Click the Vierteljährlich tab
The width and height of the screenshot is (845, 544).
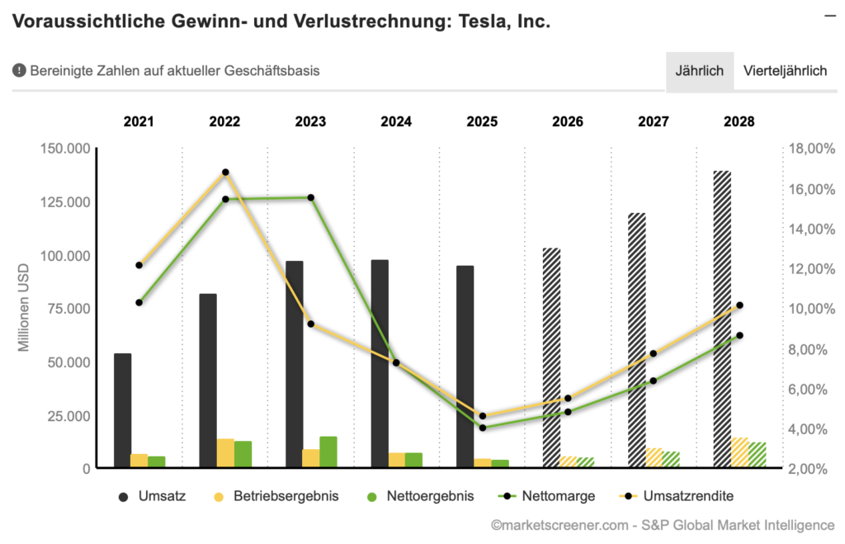785,71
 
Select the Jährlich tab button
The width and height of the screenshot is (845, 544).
699,71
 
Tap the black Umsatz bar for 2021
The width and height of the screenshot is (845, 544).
122,410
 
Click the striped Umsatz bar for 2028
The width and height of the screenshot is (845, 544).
722,319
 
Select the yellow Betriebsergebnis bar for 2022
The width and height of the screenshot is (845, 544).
225,453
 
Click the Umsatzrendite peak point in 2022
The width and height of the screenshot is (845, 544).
225,173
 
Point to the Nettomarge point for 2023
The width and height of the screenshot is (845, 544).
311,198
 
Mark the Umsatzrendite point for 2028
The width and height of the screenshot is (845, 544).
739,305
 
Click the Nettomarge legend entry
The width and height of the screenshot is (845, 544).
545,496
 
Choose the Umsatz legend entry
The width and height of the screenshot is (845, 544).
153,496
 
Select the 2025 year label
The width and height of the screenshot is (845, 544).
482,122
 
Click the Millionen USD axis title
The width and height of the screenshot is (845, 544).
24,307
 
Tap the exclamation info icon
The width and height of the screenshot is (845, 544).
19,71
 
